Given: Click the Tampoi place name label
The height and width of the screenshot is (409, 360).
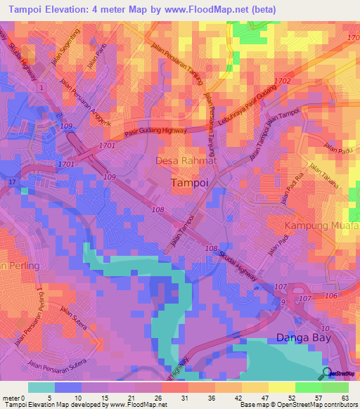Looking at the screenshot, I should (x=189, y=182).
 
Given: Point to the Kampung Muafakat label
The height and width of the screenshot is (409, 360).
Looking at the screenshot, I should (x=322, y=226).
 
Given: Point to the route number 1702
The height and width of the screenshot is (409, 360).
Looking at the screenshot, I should (x=283, y=82).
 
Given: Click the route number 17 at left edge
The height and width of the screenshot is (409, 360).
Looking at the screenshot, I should (x=12, y=183).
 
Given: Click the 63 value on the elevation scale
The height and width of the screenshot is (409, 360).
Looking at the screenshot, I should (x=345, y=397).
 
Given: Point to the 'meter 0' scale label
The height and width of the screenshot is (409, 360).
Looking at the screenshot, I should (x=14, y=397).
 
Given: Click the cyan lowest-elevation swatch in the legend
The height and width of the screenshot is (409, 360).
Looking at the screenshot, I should (x=41, y=387).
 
